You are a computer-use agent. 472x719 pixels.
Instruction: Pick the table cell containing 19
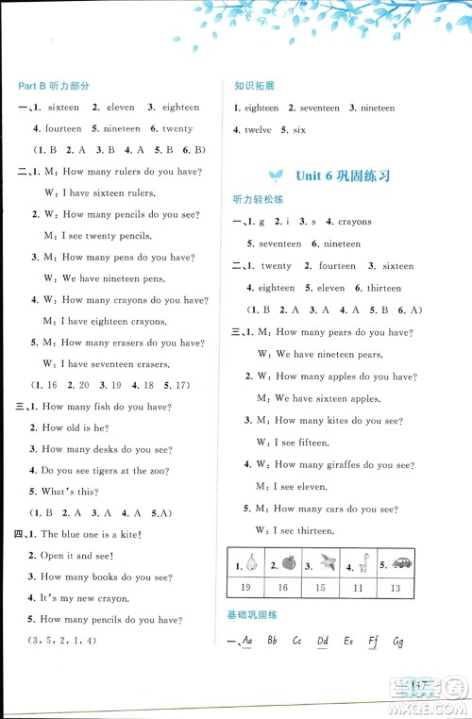pos(248,588)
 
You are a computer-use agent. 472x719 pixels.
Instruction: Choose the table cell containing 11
pos(358,588)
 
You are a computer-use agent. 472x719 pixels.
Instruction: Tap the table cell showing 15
pos(320,588)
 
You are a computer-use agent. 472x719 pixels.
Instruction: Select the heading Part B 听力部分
pos(54,86)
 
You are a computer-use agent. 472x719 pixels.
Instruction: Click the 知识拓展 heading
pos(254,86)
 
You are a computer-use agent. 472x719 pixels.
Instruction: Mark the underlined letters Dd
pos(323,642)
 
